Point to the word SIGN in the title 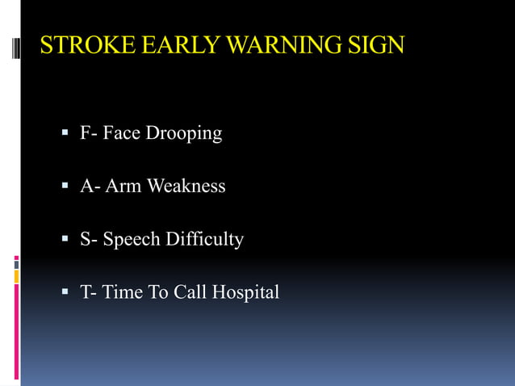[x=378, y=45]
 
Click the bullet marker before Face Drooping [x=66, y=133]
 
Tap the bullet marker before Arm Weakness [x=66, y=187]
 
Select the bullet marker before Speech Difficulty [x=66, y=240]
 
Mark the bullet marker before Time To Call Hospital [x=66, y=292]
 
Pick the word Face [x=121, y=133]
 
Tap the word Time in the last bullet [x=122, y=292]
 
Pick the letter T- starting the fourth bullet [x=88, y=292]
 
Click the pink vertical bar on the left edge [x=16, y=331]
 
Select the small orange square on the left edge [x=16, y=276]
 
